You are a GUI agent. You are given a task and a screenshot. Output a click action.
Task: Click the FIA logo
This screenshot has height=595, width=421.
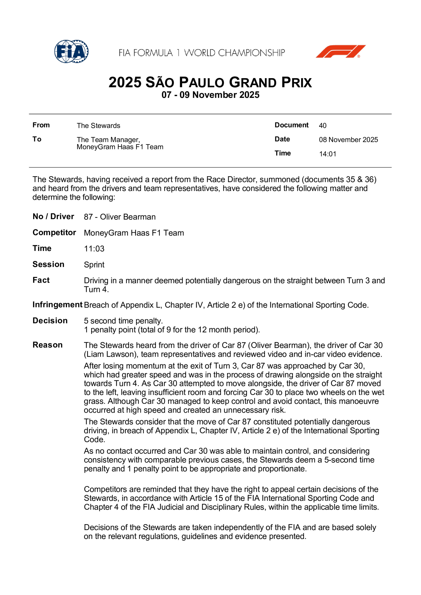coord(71,51)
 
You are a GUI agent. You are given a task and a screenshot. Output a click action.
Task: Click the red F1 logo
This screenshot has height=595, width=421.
coord(340,51)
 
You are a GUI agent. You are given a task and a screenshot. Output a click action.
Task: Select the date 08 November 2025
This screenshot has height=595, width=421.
coord(348,140)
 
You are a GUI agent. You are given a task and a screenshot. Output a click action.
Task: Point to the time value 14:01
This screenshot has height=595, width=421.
coord(327,154)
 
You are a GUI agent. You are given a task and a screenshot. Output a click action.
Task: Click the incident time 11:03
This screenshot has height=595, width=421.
coord(94,249)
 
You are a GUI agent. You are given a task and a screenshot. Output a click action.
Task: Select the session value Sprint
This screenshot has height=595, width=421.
coord(94,264)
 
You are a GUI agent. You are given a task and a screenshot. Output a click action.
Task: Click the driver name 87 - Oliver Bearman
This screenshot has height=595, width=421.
coord(120,217)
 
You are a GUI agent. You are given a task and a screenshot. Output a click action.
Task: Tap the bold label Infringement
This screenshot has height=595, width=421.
coord(57,305)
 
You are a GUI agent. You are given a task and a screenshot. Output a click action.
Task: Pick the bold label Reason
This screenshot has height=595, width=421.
coord(47,345)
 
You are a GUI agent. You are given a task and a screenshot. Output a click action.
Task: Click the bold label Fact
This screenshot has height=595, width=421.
coord(41,280)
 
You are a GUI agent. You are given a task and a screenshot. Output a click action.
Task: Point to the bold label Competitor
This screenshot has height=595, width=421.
coord(54,232)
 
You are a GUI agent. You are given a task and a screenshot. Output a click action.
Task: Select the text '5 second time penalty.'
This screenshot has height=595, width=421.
coord(123,321)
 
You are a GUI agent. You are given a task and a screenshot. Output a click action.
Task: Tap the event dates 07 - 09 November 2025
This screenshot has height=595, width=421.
coord(210,95)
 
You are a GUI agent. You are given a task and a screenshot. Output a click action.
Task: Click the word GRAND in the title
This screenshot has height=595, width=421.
coord(253,83)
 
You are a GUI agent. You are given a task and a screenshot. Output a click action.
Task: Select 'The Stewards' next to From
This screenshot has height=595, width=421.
coord(98,126)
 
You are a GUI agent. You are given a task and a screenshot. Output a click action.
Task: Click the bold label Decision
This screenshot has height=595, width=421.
coord(50,321)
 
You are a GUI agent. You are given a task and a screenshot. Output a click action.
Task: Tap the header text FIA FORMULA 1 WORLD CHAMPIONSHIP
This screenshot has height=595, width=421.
coord(202,53)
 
